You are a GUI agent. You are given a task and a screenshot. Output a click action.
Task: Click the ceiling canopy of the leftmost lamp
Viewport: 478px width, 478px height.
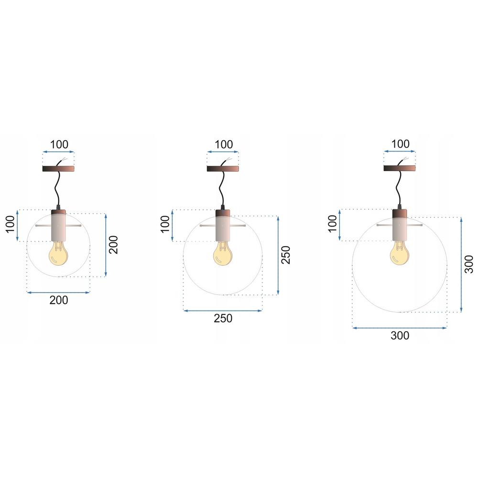(58, 169)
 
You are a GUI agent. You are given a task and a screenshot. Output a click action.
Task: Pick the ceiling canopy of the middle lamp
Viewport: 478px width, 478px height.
(223, 169)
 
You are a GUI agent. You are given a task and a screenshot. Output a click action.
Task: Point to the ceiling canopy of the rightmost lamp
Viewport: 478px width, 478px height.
(399, 168)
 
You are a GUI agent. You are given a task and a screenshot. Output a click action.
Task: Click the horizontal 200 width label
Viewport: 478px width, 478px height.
(58, 300)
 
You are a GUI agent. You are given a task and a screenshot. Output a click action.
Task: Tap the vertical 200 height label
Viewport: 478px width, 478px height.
(113, 245)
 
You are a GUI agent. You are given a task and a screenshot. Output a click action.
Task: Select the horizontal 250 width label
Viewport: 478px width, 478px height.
(223, 318)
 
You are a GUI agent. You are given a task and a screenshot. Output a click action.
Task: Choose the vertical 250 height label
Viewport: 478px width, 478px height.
(286, 255)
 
